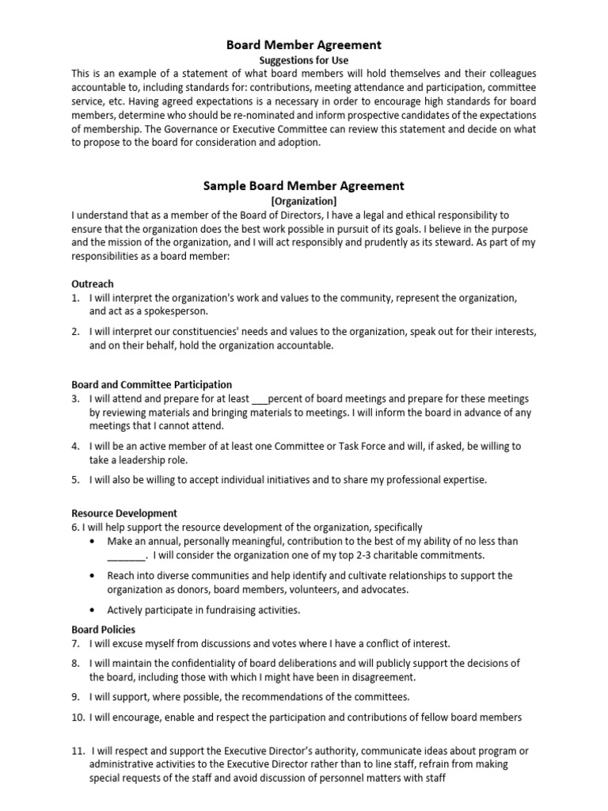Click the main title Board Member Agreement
point(304,45)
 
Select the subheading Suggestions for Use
point(304,60)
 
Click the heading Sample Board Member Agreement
point(304,186)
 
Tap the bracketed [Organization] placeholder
point(304,201)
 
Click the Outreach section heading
point(93,284)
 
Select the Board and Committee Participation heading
point(152,385)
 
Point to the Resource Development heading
point(124,513)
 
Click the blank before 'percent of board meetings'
point(259,399)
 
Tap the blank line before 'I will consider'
point(127,555)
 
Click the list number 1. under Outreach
point(75,298)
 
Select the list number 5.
point(75,480)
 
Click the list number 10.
point(78,718)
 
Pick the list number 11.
point(78,751)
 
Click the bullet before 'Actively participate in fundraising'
point(93,610)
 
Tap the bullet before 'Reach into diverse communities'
point(93,576)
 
